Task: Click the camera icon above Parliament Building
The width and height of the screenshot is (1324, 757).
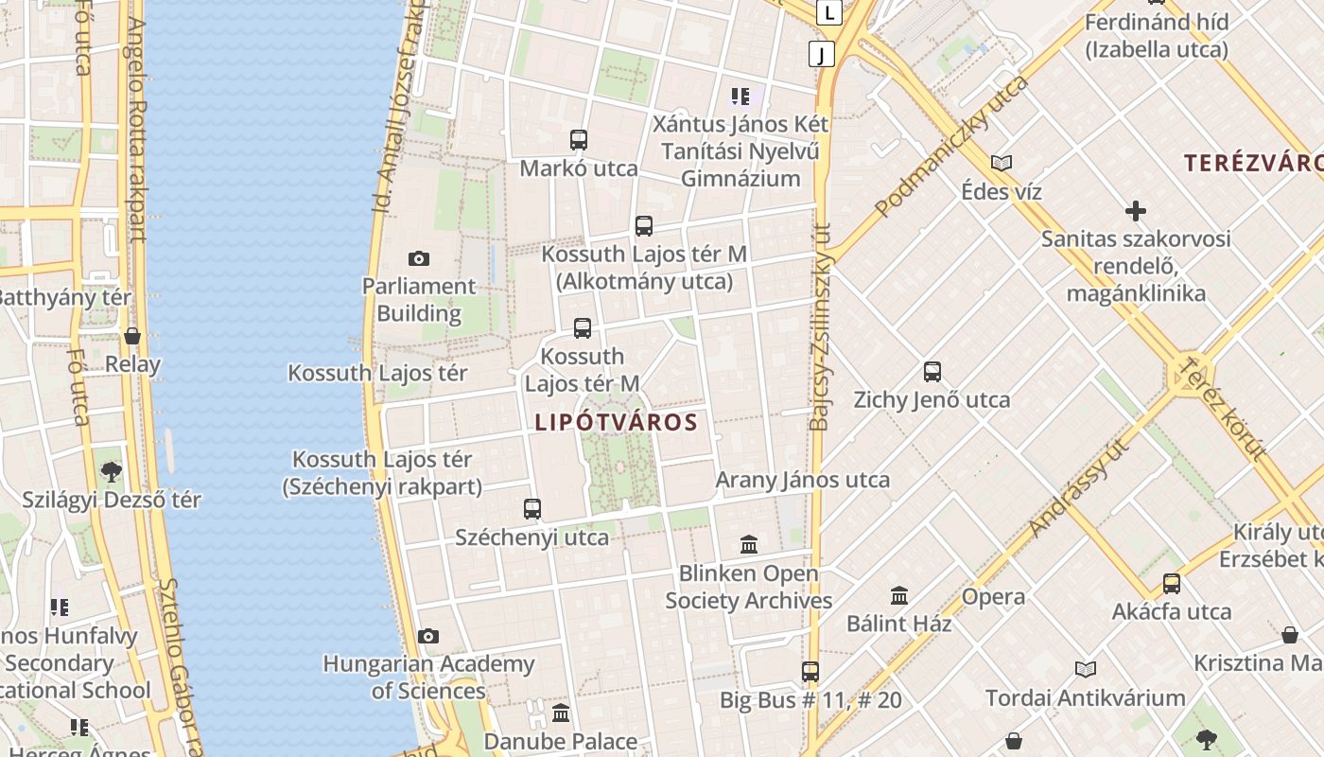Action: click(x=418, y=258)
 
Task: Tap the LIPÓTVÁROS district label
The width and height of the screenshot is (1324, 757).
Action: click(x=616, y=422)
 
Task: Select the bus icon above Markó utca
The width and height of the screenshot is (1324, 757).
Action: click(x=579, y=140)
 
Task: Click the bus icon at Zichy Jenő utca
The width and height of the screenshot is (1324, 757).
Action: click(x=932, y=372)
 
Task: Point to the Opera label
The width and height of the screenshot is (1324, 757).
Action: click(x=993, y=597)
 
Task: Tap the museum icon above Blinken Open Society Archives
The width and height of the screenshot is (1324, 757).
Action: click(x=750, y=544)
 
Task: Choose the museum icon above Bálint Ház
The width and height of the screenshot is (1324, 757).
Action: click(x=899, y=596)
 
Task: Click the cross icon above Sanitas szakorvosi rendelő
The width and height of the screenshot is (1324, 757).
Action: click(x=1136, y=210)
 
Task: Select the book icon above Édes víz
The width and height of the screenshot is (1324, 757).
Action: click(x=1002, y=163)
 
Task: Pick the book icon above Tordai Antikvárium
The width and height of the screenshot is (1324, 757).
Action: click(x=1086, y=670)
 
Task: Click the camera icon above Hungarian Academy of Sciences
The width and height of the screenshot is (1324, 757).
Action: click(x=428, y=636)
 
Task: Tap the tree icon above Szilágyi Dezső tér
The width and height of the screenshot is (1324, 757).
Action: click(x=112, y=470)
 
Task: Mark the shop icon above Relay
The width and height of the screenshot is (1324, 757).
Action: click(x=132, y=336)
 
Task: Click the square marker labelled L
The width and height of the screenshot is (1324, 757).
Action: click(x=830, y=13)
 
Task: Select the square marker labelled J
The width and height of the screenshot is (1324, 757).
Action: click(x=822, y=54)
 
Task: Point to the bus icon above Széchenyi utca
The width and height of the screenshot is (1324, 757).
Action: click(x=532, y=509)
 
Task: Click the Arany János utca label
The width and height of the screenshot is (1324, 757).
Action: click(x=802, y=480)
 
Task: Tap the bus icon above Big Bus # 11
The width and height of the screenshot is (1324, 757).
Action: click(x=810, y=672)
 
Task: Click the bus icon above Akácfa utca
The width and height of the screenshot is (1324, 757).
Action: click(x=1172, y=583)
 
